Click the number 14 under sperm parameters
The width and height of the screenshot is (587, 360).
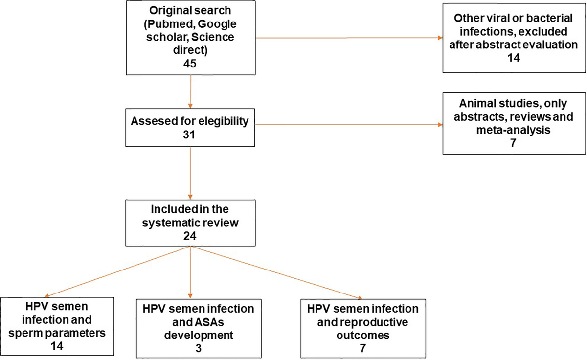(57, 346)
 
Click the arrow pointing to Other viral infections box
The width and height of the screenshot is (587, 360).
(342, 37)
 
